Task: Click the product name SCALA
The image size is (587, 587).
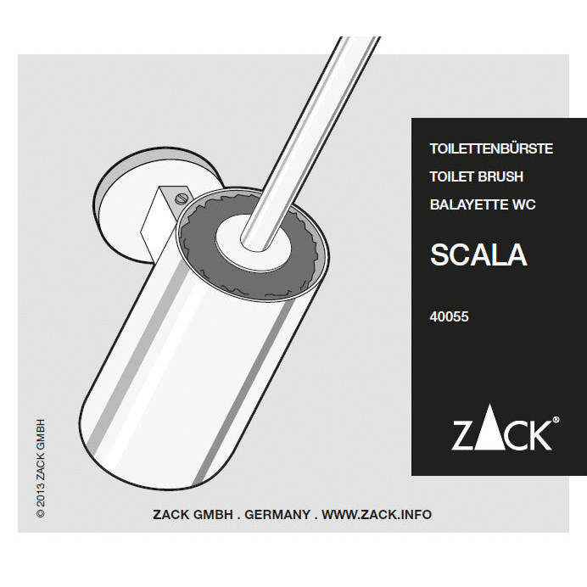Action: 478,254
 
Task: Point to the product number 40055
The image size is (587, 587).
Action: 450,317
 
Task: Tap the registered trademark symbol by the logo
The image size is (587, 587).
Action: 556,419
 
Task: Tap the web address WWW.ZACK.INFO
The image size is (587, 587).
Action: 377,514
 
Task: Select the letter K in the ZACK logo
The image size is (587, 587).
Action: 537,434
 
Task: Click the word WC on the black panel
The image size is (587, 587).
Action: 523,204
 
